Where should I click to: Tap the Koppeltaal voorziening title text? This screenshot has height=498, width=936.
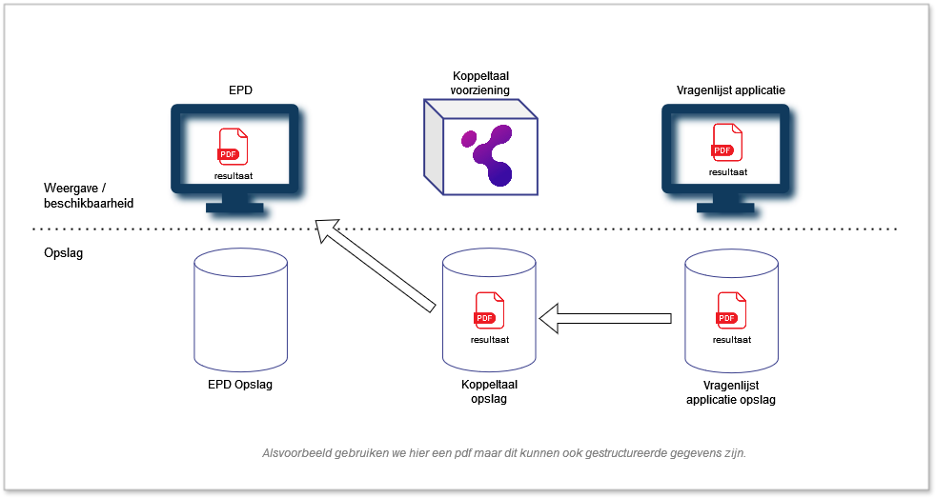[480, 83]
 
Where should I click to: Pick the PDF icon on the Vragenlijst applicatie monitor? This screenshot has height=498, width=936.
[726, 144]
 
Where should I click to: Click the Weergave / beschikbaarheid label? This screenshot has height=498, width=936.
[89, 195]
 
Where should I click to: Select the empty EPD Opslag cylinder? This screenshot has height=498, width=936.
[239, 309]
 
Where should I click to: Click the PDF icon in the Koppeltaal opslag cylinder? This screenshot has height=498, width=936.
[488, 311]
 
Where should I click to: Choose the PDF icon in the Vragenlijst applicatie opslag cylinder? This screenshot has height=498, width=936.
[731, 311]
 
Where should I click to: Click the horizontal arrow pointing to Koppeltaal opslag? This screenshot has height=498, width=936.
[605, 317]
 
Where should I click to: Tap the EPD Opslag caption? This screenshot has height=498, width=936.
[239, 387]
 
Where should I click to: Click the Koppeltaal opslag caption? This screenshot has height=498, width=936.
[488, 392]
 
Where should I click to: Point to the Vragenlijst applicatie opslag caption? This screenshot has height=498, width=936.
[731, 393]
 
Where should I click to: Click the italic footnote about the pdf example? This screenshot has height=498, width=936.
[504, 453]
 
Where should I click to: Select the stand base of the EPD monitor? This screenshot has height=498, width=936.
[234, 207]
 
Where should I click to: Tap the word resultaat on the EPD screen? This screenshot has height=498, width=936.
[234, 177]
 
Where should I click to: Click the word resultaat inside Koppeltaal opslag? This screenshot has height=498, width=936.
[489, 339]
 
